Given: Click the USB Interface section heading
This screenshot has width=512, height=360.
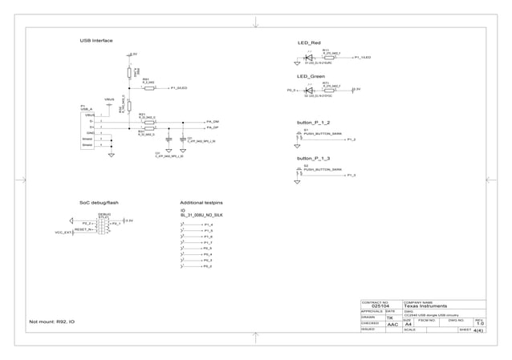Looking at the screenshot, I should tap(95, 40).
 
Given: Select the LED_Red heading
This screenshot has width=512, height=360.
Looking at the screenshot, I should tap(309, 42).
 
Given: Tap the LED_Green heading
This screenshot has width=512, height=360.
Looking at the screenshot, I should tap(311, 76).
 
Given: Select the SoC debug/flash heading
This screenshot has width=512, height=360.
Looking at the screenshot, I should tap(99, 203).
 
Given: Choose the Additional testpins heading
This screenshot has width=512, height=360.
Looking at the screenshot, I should tap(201, 203).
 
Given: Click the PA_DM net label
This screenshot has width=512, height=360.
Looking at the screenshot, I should tap(213, 120).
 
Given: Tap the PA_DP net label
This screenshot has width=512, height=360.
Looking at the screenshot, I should tap(213, 127).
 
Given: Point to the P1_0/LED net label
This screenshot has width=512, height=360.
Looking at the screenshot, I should tap(178, 88).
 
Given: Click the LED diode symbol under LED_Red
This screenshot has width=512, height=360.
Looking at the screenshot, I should tap(309, 58).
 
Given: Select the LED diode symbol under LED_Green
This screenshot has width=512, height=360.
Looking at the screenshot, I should tap(309, 91).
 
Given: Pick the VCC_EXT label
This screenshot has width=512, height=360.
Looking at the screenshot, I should tap(63, 233).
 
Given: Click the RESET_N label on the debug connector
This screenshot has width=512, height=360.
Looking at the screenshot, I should tap(83, 229).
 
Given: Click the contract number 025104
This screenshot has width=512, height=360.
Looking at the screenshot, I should tap(381, 306).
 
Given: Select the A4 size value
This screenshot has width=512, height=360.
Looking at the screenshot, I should tap(408, 325).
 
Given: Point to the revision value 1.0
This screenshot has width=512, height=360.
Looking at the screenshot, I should tap(479, 324).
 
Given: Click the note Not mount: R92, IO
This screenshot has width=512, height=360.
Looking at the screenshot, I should tap(51, 322).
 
